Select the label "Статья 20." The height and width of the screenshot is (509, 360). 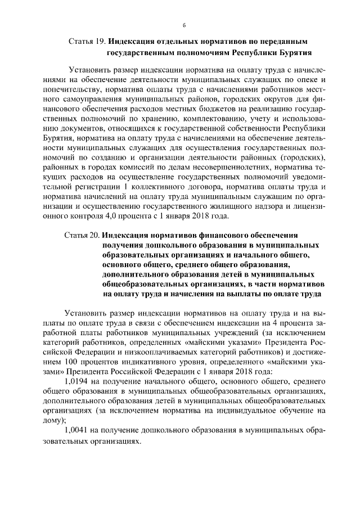tap(83, 235)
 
